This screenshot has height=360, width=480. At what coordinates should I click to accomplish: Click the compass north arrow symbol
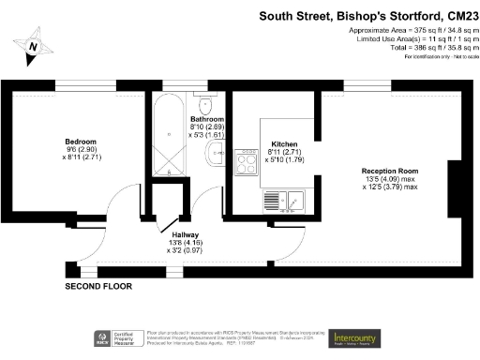[35, 44]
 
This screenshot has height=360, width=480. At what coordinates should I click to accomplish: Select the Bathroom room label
[206, 120]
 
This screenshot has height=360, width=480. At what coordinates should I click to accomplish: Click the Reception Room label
[390, 171]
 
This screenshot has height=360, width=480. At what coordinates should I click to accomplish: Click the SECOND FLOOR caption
[98, 285]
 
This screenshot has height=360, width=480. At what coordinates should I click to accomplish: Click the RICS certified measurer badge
[111, 337]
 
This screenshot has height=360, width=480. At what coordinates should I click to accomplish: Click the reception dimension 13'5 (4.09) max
[390, 179]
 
